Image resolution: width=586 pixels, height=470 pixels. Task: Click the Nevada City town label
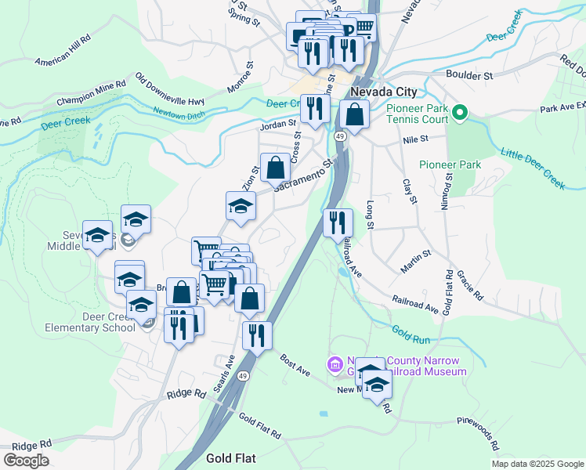383,92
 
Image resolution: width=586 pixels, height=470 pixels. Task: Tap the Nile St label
415,139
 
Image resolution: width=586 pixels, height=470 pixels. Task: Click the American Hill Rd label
63,49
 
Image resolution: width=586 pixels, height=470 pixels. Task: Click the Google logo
26,460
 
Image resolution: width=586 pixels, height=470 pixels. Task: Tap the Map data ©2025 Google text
537,464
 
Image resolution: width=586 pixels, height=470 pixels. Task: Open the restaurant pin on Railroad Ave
338,222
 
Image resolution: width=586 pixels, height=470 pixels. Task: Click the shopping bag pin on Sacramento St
275,167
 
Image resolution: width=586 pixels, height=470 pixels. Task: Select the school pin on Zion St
241,207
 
